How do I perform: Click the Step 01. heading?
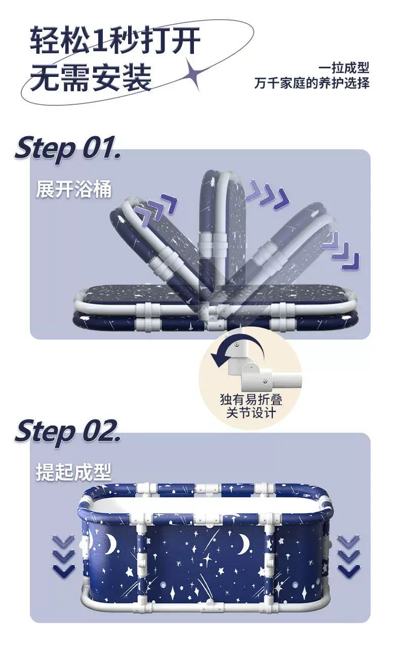click(x=68, y=149)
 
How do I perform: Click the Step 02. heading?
click(x=68, y=432)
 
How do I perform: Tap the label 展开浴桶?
click(x=74, y=189)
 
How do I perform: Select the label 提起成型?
click(x=74, y=472)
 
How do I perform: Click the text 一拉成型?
click(x=344, y=68)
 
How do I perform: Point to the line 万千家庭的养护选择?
click(x=312, y=83)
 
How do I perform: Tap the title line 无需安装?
click(x=91, y=77)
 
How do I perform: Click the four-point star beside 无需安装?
click(x=194, y=73)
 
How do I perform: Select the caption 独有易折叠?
click(x=251, y=399)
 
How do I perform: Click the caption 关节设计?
click(x=251, y=413)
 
